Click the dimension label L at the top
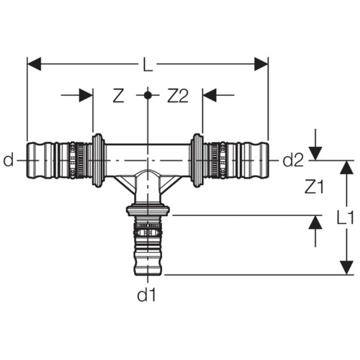point(148,64)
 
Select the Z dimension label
point(118,96)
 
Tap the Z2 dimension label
point(178,96)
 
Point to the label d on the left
point(9,160)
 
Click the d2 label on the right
point(293,160)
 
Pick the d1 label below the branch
point(146,294)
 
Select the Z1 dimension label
point(314,186)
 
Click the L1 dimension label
point(346,217)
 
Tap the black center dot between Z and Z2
point(148,95)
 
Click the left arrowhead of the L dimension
point(34,64)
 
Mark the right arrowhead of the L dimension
point(261,64)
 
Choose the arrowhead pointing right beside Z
point(86,95)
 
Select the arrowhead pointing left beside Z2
point(210,95)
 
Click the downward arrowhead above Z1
point(315,153)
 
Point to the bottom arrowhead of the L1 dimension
point(346,268)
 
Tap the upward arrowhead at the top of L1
point(346,167)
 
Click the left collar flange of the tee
point(98,161)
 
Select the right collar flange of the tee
point(197,161)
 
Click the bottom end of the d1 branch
point(148,274)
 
